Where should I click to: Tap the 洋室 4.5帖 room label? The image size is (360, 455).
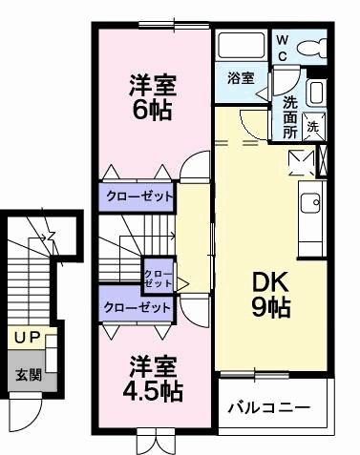tap(152, 378)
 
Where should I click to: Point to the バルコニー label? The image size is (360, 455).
tap(268, 408)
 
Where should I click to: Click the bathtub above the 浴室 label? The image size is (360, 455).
tap(241, 46)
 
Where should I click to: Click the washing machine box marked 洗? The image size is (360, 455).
tap(313, 124)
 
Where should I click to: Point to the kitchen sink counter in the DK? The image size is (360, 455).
tap(310, 203)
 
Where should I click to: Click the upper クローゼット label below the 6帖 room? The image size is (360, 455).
tap(138, 196)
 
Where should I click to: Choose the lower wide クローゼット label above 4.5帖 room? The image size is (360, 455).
tap(138, 307)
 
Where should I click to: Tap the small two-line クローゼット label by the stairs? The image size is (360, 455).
tap(158, 279)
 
